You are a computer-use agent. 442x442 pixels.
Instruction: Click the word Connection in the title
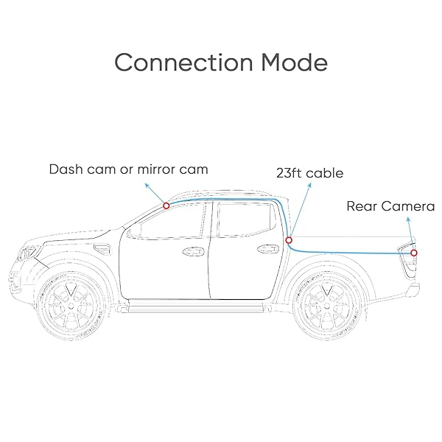pyautogui.click(x=183, y=63)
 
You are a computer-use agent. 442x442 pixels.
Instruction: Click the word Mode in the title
pyautogui.click(x=294, y=63)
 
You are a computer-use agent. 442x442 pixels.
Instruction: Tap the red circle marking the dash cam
pyautogui.click(x=166, y=206)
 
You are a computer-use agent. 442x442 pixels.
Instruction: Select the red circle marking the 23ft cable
pyautogui.click(x=289, y=240)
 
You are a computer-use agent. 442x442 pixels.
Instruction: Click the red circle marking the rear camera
pyautogui.click(x=413, y=253)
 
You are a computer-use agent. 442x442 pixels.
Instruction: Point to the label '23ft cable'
pyautogui.click(x=310, y=173)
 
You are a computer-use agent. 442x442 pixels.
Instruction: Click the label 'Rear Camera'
pyautogui.click(x=390, y=206)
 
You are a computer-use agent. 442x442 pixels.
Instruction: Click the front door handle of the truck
pyautogui.click(x=193, y=251)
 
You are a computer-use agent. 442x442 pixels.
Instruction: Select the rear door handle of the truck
pyautogui.click(x=268, y=249)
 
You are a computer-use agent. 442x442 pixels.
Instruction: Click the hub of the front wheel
pyautogui.click(x=71, y=306)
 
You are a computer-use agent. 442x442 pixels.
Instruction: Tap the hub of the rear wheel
pyautogui.click(x=326, y=306)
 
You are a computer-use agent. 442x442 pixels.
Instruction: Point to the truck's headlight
pyautogui.click(x=28, y=253)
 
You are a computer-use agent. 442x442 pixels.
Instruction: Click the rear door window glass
pyautogui.click(x=245, y=220)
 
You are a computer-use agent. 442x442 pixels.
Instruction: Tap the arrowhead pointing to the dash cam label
pyautogui.click(x=147, y=185)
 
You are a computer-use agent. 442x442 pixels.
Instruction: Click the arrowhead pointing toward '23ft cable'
pyautogui.click(x=309, y=185)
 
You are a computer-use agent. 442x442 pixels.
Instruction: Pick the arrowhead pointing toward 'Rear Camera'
pyautogui.click(x=408, y=220)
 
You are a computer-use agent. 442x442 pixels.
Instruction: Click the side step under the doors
pyautogui.click(x=196, y=306)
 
